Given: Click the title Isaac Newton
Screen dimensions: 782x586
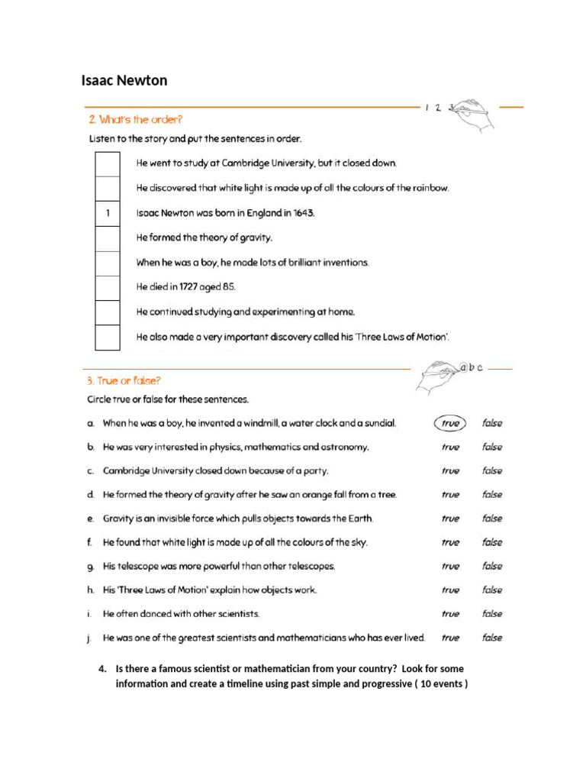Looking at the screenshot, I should (x=124, y=81).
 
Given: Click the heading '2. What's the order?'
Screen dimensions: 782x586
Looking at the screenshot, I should (x=135, y=119).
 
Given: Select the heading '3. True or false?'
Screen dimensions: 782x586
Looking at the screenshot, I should (x=124, y=380).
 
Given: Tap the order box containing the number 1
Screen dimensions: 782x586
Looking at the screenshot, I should (x=108, y=213).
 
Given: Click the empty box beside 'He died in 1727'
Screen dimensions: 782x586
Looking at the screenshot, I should (x=108, y=287).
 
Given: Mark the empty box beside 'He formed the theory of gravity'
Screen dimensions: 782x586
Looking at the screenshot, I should (x=108, y=238).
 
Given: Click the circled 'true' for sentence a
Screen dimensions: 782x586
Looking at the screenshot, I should (x=450, y=423).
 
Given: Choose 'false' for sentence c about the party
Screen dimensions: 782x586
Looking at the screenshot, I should (x=492, y=471).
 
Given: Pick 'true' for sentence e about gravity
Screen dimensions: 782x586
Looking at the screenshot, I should (x=450, y=519).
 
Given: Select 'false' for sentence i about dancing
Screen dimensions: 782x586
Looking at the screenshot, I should (x=492, y=614).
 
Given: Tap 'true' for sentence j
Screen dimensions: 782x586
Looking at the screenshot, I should (x=450, y=638).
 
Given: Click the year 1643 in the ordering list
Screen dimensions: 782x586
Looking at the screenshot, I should (x=303, y=213).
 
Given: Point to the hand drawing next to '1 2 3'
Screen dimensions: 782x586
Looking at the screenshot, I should (x=473, y=115).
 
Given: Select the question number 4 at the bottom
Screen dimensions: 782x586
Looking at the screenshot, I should (x=102, y=669).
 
